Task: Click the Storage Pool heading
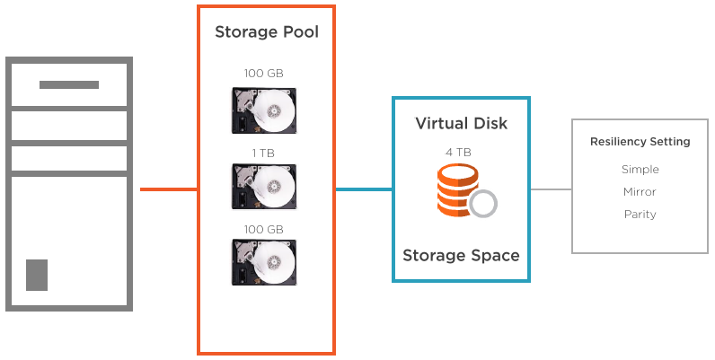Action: tap(266, 33)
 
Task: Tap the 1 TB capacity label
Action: tap(263, 154)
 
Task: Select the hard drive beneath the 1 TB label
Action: tap(263, 186)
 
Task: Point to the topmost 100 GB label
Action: tap(263, 73)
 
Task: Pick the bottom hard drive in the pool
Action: tap(263, 261)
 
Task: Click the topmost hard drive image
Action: tap(263, 110)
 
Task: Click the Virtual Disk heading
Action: tap(461, 123)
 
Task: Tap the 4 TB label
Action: tap(458, 152)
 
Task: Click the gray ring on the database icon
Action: tap(483, 204)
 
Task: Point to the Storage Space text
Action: tap(461, 256)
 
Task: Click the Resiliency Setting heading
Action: tap(640, 142)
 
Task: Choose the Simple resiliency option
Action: tap(640, 170)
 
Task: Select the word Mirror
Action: tap(640, 192)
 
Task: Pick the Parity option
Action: tap(640, 215)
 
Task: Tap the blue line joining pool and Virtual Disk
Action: tap(364, 189)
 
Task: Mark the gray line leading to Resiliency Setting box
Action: tap(551, 189)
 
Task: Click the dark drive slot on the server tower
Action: tap(69, 85)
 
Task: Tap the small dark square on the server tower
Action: tap(37, 275)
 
